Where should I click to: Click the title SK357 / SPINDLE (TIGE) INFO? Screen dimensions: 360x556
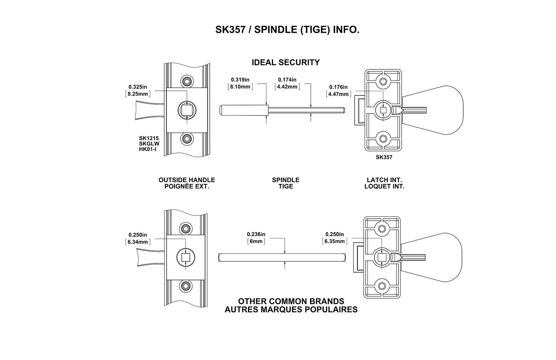tap(287, 30)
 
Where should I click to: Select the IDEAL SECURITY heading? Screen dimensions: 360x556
tap(286, 62)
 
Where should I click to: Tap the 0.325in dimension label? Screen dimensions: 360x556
tap(138, 87)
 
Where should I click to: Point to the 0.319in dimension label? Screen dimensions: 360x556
tap(240, 80)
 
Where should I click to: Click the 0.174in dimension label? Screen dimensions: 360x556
tap(287, 80)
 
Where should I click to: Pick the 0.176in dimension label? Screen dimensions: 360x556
tap(338, 87)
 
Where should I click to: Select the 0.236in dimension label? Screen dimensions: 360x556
tap(256, 234)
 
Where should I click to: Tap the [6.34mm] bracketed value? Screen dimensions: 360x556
tap(138, 242)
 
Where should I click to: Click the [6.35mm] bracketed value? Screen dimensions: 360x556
tap(334, 241)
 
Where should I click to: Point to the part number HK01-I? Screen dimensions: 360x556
tap(148, 149)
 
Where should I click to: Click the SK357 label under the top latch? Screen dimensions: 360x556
tap(384, 157)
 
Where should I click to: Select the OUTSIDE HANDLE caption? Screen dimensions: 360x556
tap(187, 180)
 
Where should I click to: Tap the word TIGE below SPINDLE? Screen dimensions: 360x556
tap(286, 186)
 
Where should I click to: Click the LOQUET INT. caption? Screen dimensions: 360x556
tap(384, 186)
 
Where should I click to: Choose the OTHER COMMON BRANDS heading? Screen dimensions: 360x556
tap(291, 301)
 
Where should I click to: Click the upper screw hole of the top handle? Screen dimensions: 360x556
tap(187, 82)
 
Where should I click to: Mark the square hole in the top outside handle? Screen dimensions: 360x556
tap(187, 110)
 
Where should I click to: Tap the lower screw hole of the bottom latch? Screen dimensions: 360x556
tap(382, 286)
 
